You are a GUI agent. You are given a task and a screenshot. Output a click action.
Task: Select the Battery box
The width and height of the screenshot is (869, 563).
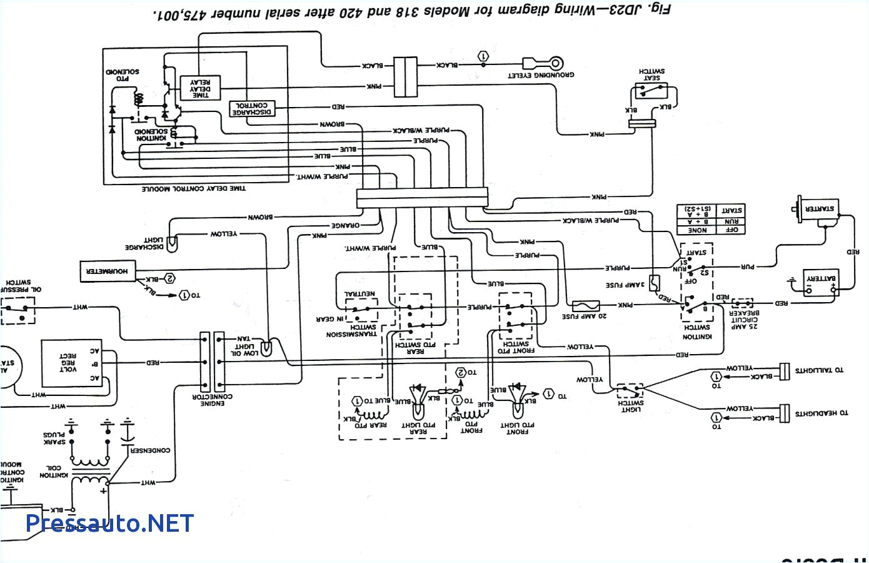(821, 284)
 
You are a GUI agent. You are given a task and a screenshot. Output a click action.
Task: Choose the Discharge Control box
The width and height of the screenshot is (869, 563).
(252, 108)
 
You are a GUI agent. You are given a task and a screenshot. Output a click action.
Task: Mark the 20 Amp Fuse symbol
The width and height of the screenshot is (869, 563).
(586, 306)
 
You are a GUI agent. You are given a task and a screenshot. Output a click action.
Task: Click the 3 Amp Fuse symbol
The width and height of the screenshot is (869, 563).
(654, 283)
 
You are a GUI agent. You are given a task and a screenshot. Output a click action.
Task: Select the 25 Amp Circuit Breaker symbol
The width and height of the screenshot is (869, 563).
(742, 303)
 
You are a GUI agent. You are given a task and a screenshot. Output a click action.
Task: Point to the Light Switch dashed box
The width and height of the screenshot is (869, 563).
(630, 391)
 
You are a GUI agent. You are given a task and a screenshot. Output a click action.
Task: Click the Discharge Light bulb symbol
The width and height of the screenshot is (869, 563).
(173, 241)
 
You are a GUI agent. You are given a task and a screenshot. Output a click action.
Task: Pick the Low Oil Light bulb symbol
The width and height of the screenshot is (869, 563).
(266, 348)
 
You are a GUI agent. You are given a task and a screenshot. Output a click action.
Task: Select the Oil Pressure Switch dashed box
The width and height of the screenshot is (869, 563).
(18, 310)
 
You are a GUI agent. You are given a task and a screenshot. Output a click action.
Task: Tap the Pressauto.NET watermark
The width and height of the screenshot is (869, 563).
(110, 523)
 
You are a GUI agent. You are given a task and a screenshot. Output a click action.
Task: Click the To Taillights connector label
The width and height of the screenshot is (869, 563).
(819, 370)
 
